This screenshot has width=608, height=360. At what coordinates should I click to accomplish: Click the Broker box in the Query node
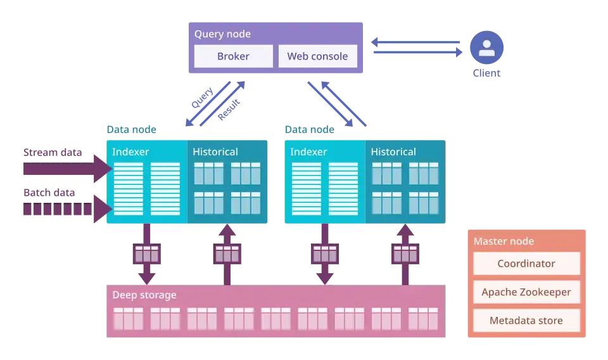tap(233, 56)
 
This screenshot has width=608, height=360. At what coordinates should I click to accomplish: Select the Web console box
tap(317, 56)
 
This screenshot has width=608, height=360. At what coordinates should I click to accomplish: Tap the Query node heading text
tap(222, 34)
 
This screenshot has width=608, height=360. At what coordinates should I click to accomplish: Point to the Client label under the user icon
tap(486, 74)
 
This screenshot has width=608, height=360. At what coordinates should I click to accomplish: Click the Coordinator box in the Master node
tap(526, 264)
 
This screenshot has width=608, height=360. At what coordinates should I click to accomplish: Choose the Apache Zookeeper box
tap(526, 292)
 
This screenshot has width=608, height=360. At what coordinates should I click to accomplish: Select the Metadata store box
tap(526, 321)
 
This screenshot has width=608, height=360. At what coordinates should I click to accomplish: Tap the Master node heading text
tap(503, 241)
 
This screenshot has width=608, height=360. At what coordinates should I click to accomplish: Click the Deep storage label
tap(144, 295)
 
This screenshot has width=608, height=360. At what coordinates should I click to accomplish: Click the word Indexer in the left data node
tap(130, 152)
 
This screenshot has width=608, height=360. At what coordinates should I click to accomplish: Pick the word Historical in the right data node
tap(393, 152)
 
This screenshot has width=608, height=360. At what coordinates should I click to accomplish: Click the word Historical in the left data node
tap(215, 152)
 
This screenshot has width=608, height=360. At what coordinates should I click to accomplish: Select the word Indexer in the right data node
tap(308, 152)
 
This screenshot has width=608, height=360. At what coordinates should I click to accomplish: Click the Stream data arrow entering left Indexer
tap(63, 170)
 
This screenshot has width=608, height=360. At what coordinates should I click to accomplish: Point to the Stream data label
tap(53, 153)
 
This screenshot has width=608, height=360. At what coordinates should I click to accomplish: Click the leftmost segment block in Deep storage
tap(128, 319)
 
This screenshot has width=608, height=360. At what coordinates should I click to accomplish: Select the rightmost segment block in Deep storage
tap(423, 319)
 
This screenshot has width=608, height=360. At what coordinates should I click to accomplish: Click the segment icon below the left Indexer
tap(146, 254)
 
